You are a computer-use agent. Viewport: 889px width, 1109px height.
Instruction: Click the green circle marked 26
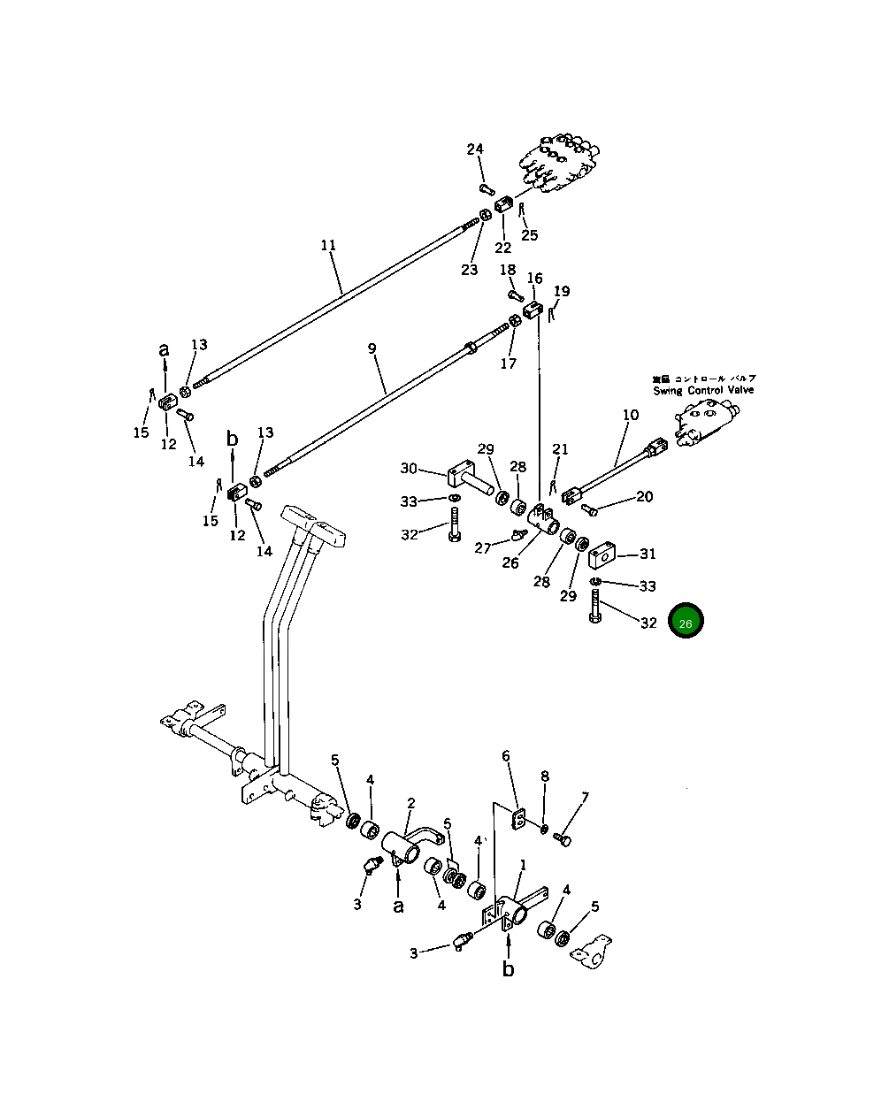point(686,622)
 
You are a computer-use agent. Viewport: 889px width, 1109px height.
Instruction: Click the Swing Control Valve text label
point(704,390)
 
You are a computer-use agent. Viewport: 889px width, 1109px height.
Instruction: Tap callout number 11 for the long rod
point(328,245)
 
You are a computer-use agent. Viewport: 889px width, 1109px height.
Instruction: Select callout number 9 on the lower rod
point(372,349)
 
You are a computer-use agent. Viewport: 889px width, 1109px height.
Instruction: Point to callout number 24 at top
point(475,149)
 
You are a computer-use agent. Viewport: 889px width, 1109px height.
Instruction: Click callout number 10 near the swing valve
point(630,414)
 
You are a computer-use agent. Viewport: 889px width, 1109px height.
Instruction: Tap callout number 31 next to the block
point(648,554)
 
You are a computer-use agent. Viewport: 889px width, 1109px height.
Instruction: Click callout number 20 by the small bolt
point(645,497)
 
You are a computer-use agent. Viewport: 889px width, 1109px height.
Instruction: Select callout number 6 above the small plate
point(506,756)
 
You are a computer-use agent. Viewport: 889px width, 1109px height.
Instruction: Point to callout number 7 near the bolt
point(584,799)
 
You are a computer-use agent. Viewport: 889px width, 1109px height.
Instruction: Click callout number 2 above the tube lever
point(411,803)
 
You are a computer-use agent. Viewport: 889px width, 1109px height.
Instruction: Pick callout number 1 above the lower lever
point(523,864)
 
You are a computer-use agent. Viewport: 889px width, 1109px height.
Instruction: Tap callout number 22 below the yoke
point(502,248)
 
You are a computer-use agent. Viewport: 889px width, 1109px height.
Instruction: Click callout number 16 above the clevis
point(535,279)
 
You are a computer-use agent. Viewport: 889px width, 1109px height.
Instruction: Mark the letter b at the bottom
point(508,969)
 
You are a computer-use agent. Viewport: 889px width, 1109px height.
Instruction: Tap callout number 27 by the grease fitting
point(483,548)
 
